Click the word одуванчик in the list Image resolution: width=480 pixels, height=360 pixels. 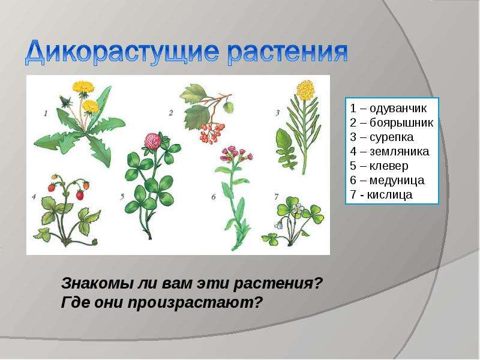pyautogui.click(x=398, y=109)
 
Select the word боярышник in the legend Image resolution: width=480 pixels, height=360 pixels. pyautogui.click(x=401, y=123)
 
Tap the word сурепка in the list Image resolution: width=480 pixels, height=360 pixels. pyautogui.click(x=392, y=137)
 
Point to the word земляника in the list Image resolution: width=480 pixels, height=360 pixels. pyautogui.click(x=399, y=152)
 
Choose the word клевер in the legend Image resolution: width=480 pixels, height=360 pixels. pyautogui.click(x=389, y=166)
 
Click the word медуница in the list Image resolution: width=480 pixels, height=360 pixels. pyautogui.click(x=397, y=181)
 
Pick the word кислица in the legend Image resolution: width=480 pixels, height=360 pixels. pyautogui.click(x=389, y=194)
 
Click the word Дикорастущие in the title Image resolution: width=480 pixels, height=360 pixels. pyautogui.click(x=122, y=52)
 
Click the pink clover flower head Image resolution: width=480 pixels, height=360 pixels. pyautogui.click(x=153, y=141)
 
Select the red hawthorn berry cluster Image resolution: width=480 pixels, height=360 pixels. pyautogui.click(x=212, y=132)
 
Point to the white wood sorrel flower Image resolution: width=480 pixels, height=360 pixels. pyautogui.click(x=297, y=209)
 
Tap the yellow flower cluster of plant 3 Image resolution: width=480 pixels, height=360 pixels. pyautogui.click(x=305, y=90)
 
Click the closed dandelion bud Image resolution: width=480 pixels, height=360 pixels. pyautogui.click(x=65, y=101)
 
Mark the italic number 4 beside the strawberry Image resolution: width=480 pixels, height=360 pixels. pyautogui.click(x=34, y=197)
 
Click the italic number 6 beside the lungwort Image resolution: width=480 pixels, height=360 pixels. pyautogui.click(x=214, y=197)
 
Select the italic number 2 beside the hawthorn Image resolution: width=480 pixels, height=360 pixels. pyautogui.click(x=171, y=113)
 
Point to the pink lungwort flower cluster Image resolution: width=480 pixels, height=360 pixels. pyautogui.click(x=236, y=154)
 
